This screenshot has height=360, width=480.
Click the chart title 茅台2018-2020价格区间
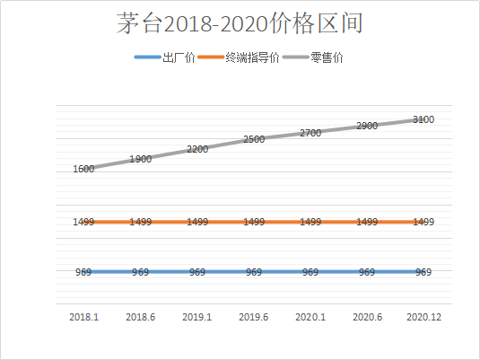coord(240,23)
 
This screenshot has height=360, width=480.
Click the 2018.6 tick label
coord(141,317)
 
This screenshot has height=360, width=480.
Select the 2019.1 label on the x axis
coord(197,317)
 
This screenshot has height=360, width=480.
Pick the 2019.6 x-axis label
coord(254,317)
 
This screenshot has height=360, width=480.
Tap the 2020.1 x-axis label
coord(310,317)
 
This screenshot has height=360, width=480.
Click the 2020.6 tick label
coord(366,317)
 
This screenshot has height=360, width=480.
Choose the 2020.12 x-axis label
coord(422,317)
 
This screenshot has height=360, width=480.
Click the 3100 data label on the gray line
coord(424,119)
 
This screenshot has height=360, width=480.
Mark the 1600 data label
coord(84,168)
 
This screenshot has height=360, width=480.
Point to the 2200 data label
coord(197,149)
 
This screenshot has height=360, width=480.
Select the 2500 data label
coord(254,139)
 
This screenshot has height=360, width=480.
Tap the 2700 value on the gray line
coord(310,133)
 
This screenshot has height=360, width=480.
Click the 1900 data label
coord(141,159)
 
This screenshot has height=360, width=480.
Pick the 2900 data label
coord(366,127)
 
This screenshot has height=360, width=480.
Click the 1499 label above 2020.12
coord(422,222)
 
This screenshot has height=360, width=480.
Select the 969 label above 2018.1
coord(85,272)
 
